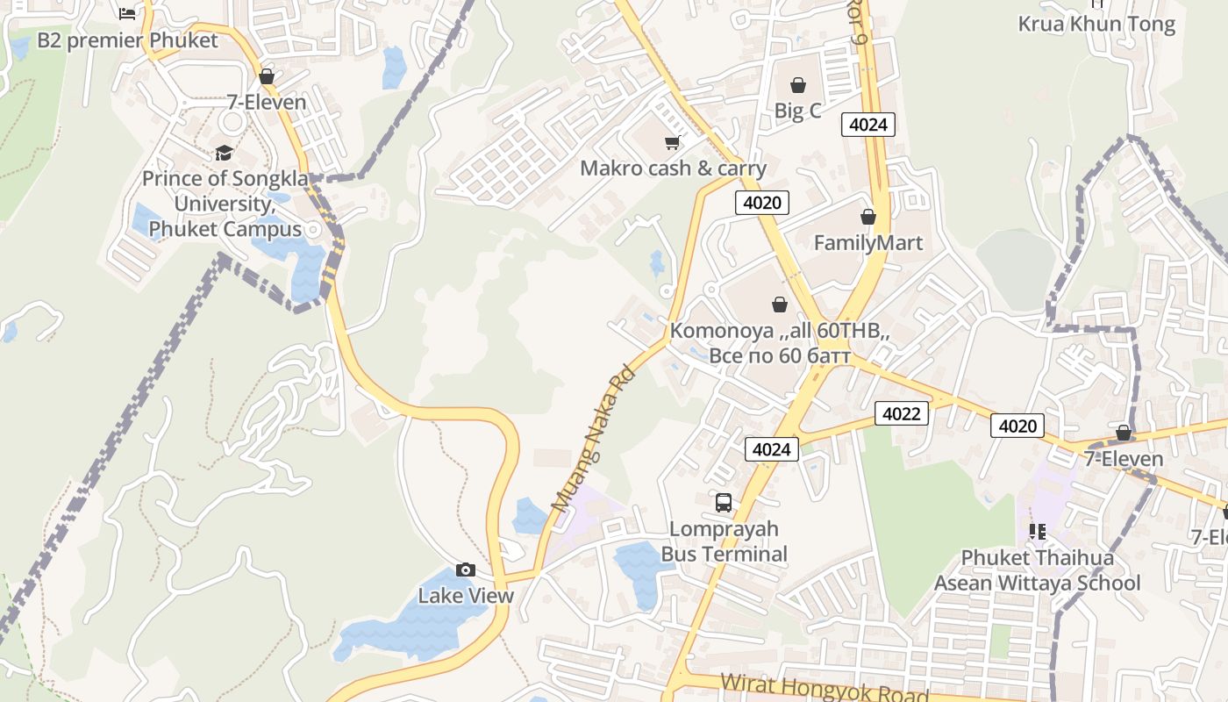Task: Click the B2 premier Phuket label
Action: (127, 40)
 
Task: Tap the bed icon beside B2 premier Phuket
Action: (127, 13)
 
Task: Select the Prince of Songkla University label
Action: (225, 204)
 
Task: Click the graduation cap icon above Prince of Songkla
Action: (225, 153)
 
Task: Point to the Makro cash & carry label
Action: (673, 168)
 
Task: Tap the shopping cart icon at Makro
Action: (673, 142)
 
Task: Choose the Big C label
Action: (797, 111)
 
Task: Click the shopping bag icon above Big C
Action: (797, 85)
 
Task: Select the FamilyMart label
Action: (867, 242)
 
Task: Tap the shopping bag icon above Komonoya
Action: (779, 304)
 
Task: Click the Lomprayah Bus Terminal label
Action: (724, 541)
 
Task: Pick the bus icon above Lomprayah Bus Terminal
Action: (724, 503)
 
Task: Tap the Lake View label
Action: (465, 596)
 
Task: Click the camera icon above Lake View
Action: (466, 570)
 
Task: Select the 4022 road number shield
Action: (901, 413)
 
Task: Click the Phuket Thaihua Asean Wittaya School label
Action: (1037, 570)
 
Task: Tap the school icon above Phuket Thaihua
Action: (1038, 531)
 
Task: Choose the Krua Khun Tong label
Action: (1096, 24)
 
